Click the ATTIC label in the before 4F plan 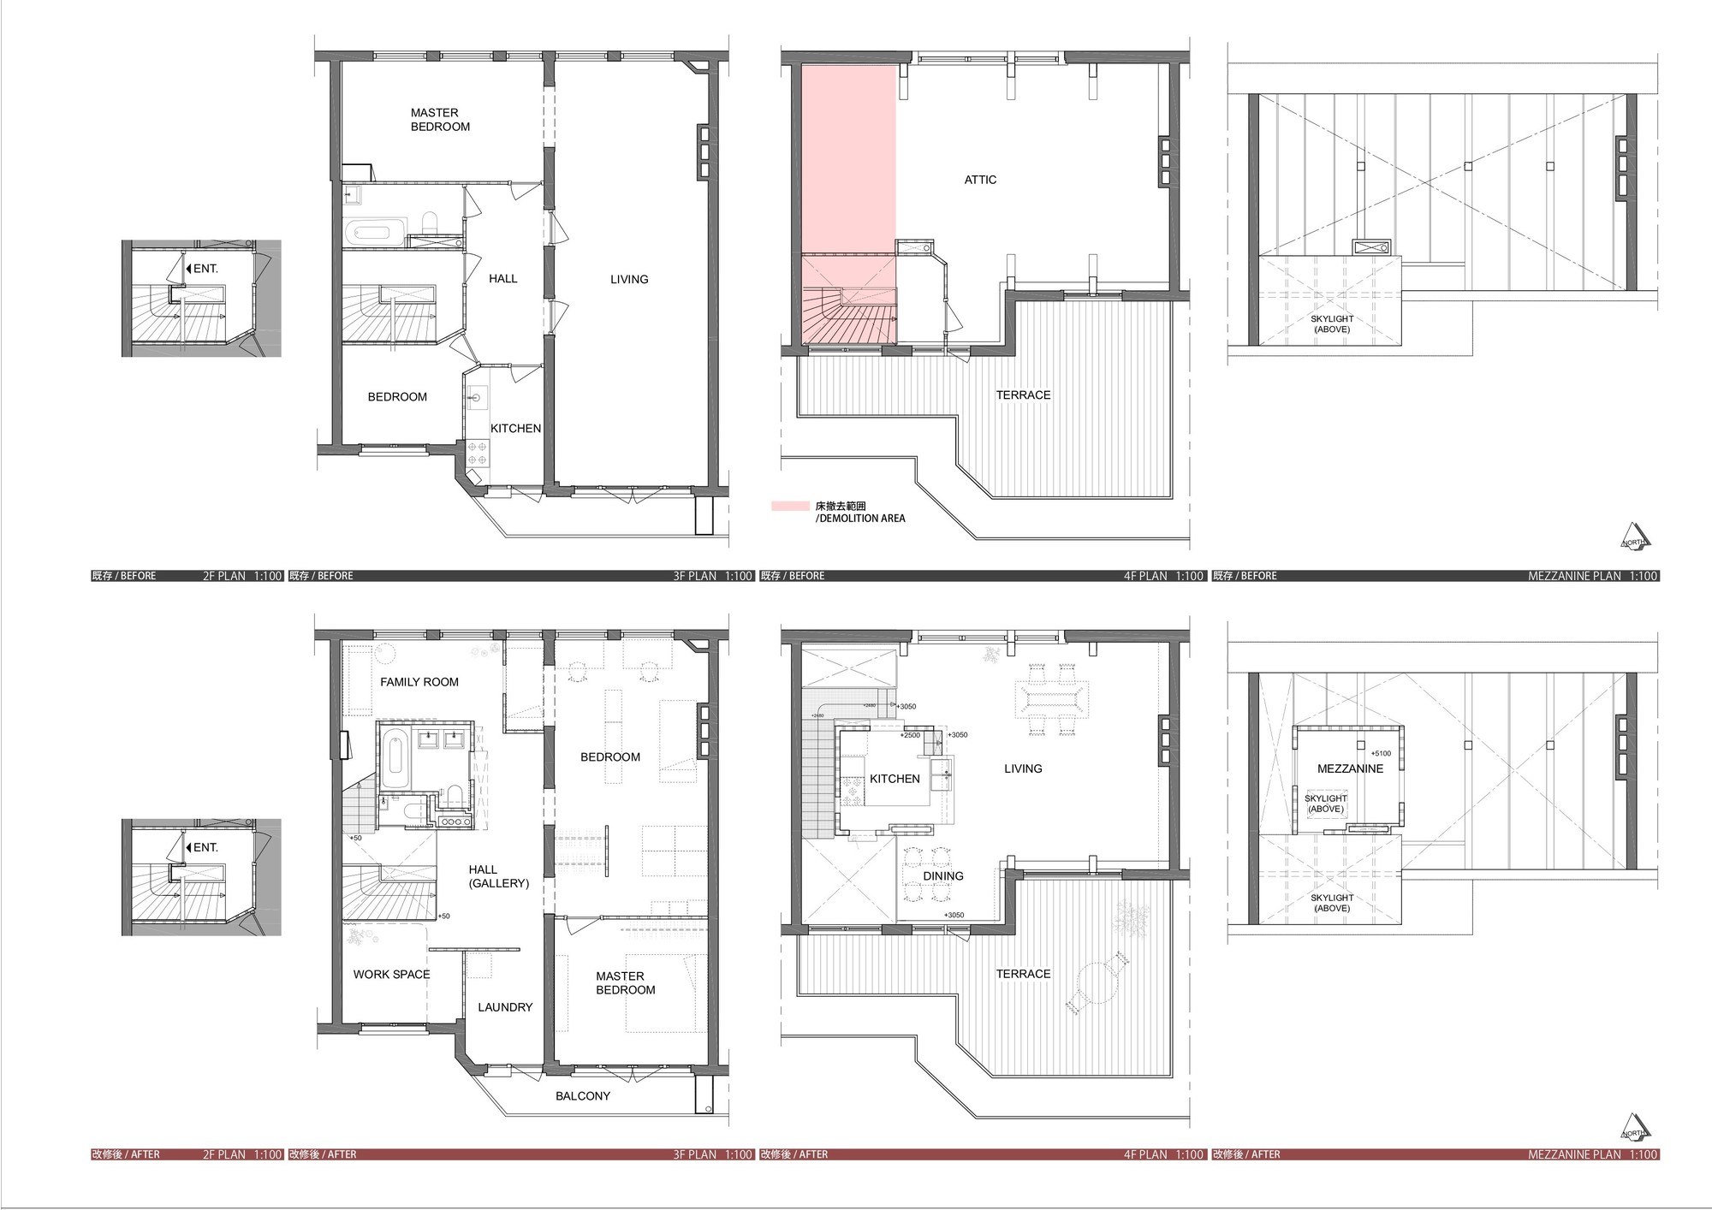tap(980, 180)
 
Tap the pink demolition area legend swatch tap(789, 507)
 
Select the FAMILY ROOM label tap(419, 682)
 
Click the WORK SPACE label tap(391, 974)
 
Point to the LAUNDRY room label tap(505, 1007)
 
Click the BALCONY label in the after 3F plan tap(582, 1095)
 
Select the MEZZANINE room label tap(1350, 768)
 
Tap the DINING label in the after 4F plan tap(942, 876)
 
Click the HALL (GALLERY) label tap(498, 876)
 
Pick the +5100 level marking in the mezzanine tap(1381, 754)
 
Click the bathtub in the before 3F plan tap(371, 232)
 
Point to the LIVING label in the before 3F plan tap(629, 279)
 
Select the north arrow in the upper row tap(1634, 537)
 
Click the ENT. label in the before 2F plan tap(205, 269)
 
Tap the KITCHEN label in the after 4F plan tap(895, 779)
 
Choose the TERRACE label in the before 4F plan tap(1023, 394)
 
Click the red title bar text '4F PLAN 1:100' tap(1163, 1154)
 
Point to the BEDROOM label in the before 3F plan tap(397, 397)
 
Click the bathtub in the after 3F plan tap(394, 758)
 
